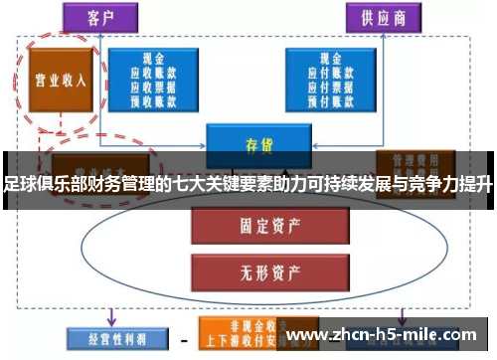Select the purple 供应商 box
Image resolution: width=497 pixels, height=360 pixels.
382,18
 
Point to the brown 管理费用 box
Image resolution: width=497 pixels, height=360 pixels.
408,160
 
